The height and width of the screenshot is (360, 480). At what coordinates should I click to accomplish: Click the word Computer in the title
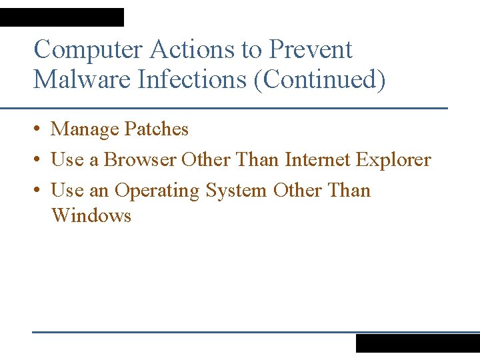[89, 50]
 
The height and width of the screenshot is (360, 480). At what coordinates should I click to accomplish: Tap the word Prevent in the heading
[310, 50]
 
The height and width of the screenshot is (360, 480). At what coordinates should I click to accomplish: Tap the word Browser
[140, 160]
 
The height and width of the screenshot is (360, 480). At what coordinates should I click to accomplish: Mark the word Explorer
[393, 161]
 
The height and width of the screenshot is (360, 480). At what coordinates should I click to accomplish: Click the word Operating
[157, 191]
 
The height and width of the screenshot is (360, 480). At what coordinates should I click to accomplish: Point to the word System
[236, 191]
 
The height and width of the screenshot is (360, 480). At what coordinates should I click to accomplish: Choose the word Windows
[91, 216]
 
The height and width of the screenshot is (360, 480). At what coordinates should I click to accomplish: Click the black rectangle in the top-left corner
[62, 17]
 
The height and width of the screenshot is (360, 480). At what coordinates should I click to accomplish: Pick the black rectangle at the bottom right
[417, 343]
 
